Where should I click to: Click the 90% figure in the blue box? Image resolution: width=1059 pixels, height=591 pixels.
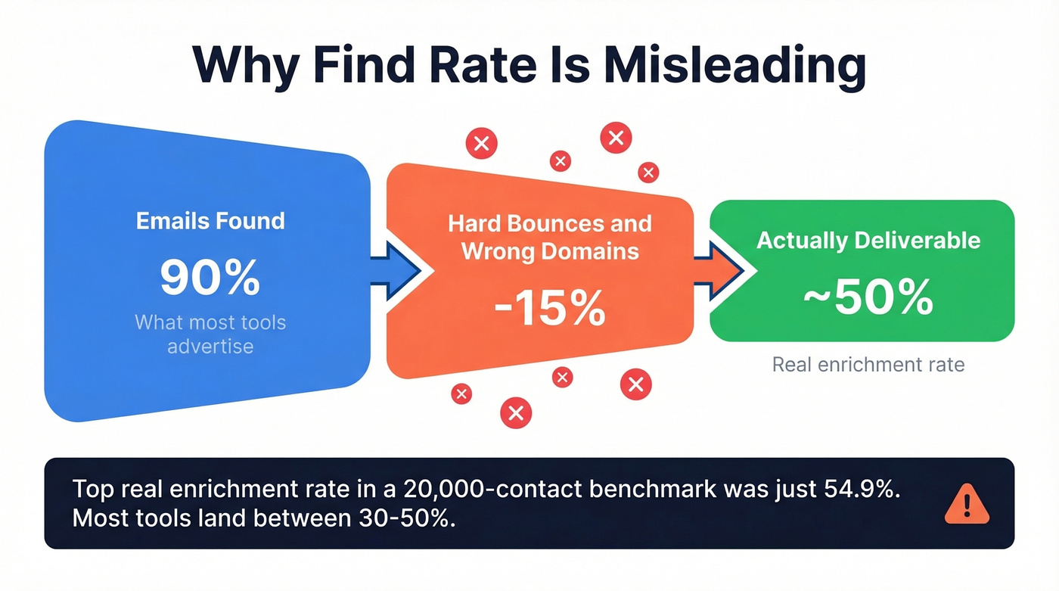tap(210, 278)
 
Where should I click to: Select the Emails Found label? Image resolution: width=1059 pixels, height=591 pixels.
tap(210, 221)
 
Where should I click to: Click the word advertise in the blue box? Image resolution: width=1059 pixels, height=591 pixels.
tap(210, 347)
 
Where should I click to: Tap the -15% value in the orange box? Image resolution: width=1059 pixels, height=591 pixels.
tap(550, 308)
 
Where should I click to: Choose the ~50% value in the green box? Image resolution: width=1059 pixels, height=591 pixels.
tap(868, 297)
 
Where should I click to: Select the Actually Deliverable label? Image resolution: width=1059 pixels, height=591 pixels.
tap(868, 241)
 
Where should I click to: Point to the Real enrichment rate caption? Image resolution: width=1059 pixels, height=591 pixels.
tap(868, 365)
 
